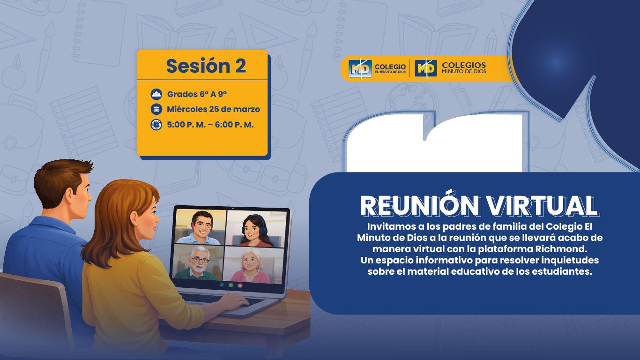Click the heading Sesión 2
(206, 66)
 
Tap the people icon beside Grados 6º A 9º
(156, 94)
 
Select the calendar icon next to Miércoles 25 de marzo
(156, 110)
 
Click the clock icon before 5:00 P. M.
(156, 125)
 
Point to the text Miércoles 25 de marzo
(213, 110)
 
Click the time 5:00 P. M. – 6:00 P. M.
(210, 125)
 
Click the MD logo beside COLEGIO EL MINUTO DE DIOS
(360, 68)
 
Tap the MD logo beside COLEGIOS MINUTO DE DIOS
(425, 68)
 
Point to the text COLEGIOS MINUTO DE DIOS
(464, 68)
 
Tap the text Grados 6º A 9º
(197, 94)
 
